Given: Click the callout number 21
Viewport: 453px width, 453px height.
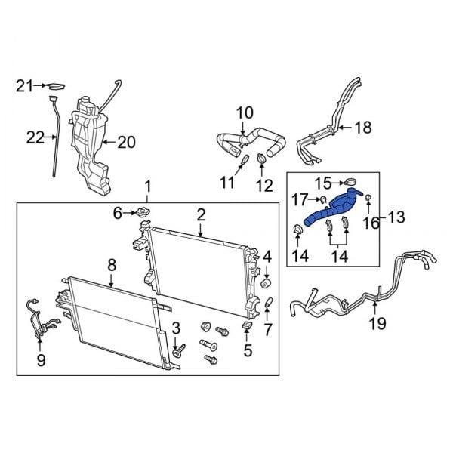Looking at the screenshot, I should point(24,86).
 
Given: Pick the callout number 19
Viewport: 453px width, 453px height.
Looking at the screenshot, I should point(377,323).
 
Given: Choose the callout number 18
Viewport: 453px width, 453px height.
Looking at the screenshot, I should point(363,128).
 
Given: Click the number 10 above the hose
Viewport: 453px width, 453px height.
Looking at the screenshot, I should point(244,113).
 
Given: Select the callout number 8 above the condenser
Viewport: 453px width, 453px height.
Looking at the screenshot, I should point(112,264).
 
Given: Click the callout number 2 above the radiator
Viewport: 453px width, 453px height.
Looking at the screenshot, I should point(202,215).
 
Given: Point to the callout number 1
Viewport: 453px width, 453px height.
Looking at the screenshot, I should point(148,185).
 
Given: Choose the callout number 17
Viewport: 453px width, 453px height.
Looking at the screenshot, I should point(300,200).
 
